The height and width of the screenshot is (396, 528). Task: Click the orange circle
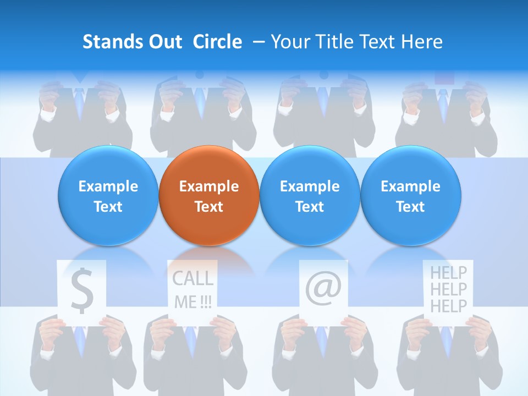208,196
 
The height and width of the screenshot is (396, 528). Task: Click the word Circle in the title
217,42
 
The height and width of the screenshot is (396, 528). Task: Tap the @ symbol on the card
323,289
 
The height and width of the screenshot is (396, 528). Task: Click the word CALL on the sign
193,279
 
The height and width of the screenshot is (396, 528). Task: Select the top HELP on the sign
448,272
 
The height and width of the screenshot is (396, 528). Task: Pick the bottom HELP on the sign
448,306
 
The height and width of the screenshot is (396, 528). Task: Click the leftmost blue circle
108,196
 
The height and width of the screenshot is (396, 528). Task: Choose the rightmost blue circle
410,196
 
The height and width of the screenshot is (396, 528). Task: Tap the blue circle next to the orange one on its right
310,196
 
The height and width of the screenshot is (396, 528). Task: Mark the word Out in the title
164,42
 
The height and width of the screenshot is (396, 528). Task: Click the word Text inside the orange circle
208,207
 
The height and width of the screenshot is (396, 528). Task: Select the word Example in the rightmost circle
410,186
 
